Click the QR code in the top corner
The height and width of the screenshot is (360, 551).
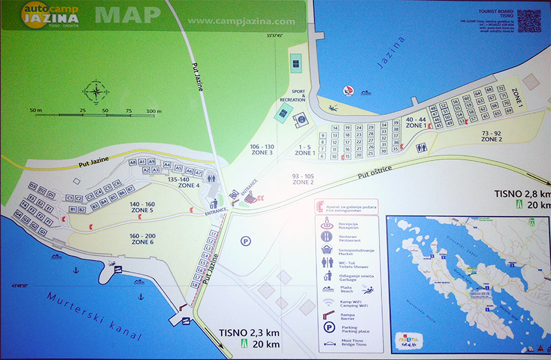click(528, 21)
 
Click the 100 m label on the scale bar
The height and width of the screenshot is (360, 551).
click(154, 111)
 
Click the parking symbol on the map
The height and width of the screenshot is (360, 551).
click(246, 240)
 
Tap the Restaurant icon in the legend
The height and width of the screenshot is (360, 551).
click(326, 235)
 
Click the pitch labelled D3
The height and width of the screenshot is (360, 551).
click(32, 186)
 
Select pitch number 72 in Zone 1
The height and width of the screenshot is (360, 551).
click(501, 88)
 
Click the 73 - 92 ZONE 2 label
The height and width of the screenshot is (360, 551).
click(492, 136)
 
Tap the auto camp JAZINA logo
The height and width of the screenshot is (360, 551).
click(50, 14)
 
